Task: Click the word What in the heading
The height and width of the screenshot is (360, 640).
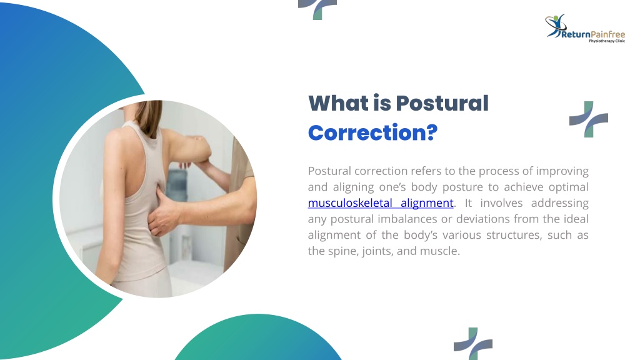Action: tap(338, 103)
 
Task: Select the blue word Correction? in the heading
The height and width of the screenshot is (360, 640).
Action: tap(372, 132)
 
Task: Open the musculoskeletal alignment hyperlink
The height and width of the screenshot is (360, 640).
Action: tap(381, 203)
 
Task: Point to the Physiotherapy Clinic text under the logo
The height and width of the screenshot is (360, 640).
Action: tap(606, 41)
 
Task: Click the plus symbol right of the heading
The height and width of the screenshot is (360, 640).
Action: tap(589, 119)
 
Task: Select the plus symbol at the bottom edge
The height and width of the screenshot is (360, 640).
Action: tap(473, 344)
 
